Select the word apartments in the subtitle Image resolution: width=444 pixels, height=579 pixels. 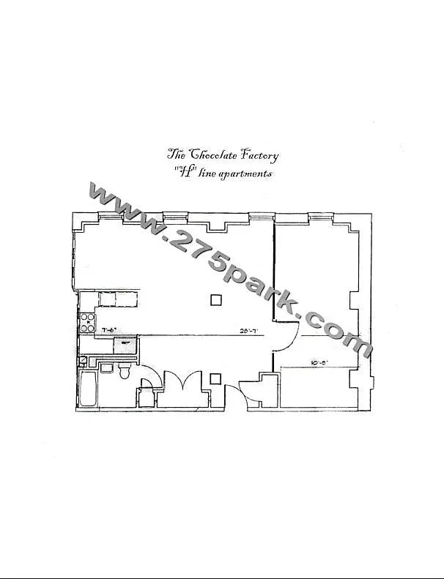click(245, 173)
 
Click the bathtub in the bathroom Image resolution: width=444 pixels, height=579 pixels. click(88, 391)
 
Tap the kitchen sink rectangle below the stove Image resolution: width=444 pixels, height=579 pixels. click(125, 344)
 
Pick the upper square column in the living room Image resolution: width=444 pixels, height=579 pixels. click(215, 299)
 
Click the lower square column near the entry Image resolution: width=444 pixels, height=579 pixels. click(215, 378)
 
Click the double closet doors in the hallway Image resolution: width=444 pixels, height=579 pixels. click(179, 384)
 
